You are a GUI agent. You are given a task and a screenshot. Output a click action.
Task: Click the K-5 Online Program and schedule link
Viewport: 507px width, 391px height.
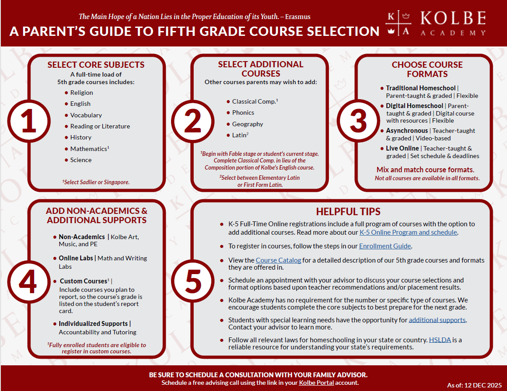click(408, 232)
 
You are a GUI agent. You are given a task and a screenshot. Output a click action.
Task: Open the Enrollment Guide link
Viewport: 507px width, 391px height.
click(385, 246)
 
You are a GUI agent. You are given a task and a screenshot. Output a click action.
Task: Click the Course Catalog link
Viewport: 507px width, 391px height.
click(278, 260)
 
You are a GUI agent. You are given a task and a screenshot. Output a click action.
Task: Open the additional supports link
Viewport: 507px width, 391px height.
click(437, 320)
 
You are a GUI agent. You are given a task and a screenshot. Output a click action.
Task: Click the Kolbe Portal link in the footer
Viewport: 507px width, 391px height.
click(316, 383)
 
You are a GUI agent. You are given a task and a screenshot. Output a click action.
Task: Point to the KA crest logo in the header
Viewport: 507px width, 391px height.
click(398, 24)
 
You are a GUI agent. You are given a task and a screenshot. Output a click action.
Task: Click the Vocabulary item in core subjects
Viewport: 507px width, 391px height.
click(86, 115)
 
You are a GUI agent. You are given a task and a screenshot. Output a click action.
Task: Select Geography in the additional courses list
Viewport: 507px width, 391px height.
click(247, 124)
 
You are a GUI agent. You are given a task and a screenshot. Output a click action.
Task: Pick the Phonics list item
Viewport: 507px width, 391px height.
click(243, 112)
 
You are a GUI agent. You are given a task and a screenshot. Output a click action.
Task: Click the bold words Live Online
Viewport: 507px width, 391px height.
click(402, 148)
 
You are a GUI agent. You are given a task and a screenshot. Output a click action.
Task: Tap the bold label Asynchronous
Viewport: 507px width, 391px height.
click(407, 131)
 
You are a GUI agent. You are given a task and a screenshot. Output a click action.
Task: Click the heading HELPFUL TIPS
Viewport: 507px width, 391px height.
click(348, 212)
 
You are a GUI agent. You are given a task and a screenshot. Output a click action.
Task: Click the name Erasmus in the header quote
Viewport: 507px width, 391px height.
click(297, 17)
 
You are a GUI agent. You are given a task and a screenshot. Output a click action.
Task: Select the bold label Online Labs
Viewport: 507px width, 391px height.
click(76, 258)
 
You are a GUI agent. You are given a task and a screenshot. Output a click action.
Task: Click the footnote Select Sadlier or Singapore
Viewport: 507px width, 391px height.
click(96, 182)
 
